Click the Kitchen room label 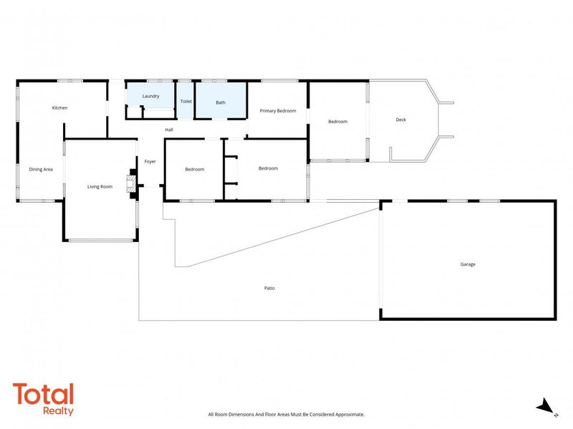(59, 108)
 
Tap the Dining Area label (41, 170)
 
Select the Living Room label (100, 187)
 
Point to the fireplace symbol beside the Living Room (130, 183)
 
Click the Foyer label (150, 162)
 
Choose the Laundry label (150, 96)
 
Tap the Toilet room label (186, 102)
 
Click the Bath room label (221, 102)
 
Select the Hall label (169, 130)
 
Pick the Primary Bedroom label (277, 111)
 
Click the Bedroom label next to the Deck (337, 122)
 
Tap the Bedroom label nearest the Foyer (194, 170)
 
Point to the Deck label (400, 120)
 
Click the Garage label (468, 264)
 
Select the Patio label (269, 288)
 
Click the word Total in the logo (43, 395)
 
